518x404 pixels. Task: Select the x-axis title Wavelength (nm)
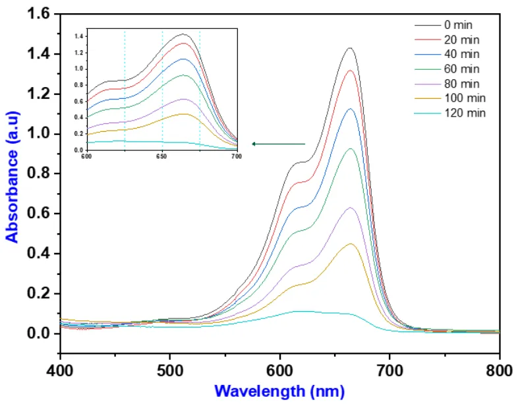click(x=279, y=391)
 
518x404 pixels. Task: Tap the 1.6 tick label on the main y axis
click(x=40, y=14)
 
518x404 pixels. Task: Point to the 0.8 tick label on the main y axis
click(x=40, y=174)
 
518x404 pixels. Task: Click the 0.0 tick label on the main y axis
click(x=40, y=333)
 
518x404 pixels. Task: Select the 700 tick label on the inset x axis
click(x=236, y=157)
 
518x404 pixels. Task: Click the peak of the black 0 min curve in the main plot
click(x=350, y=48)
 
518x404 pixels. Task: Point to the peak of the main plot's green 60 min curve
click(x=350, y=149)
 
